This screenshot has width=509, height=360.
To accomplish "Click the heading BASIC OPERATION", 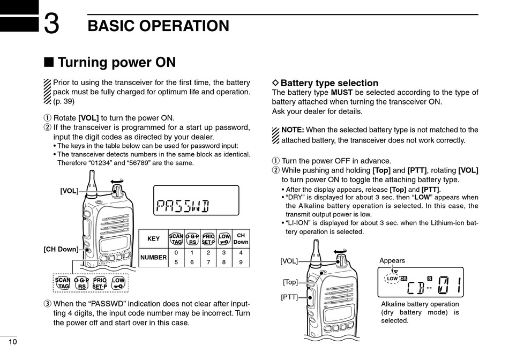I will pos(158,26).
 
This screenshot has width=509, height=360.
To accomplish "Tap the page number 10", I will pos(12,342).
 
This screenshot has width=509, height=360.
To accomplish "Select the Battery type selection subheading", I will pos(329,83).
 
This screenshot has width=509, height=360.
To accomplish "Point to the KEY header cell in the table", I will pos(153,239).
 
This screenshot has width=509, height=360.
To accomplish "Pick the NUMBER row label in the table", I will pos(153,258).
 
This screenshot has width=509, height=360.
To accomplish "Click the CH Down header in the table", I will pos(241,238).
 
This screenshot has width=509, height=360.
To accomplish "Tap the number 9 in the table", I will pos(241,262).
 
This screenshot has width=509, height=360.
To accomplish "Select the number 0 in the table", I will pos(176,252).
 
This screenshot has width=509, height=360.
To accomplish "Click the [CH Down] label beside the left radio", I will pos(61,249).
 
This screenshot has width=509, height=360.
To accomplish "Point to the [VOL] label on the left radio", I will pos(69,191).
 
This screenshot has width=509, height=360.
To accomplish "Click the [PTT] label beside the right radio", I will pos(289,296).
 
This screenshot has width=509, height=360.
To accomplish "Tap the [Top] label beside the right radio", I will pos(290,282).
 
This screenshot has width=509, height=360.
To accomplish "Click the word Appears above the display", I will pos(392,261).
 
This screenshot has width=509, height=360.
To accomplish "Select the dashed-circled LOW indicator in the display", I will pos(392,279).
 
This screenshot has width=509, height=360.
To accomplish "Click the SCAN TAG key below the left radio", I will pos(63,283).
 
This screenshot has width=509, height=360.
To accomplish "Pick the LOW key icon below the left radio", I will pos(118,283).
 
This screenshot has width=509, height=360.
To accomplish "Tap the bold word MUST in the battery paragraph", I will pos(342,93).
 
